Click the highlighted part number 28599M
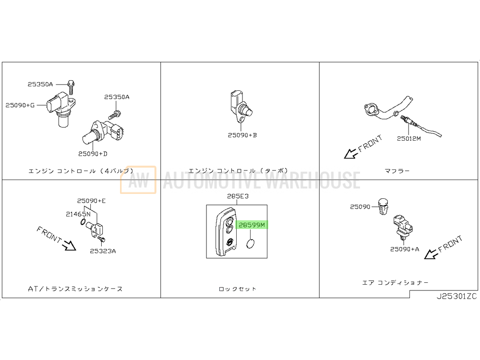point(252,225)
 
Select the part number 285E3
point(238,196)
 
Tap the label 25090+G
point(20,105)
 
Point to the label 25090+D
point(93,154)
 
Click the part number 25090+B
point(242,135)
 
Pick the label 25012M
point(408,139)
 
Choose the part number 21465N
point(78,214)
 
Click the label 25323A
point(103,252)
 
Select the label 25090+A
point(405,249)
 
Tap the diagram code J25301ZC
point(457,296)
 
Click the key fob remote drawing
point(226,232)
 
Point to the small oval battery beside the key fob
point(251,244)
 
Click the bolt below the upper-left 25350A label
point(71,87)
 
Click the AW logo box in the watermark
point(138,180)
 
